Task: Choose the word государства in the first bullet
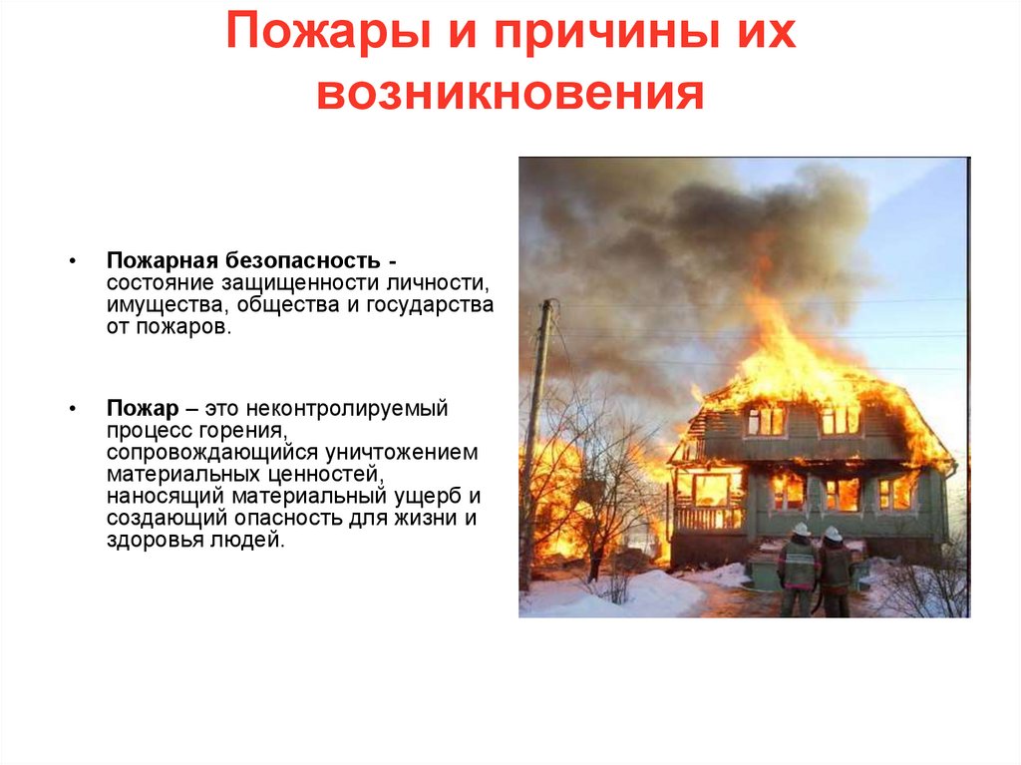coord(433,304)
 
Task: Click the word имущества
coord(154,304)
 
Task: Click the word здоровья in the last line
coord(144,541)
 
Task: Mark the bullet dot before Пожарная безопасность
coord(73,261)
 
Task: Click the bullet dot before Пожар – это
coord(73,410)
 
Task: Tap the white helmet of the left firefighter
coord(801,530)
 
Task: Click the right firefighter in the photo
coord(835,571)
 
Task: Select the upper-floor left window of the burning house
coord(766,421)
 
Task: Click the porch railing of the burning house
coord(708,518)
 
